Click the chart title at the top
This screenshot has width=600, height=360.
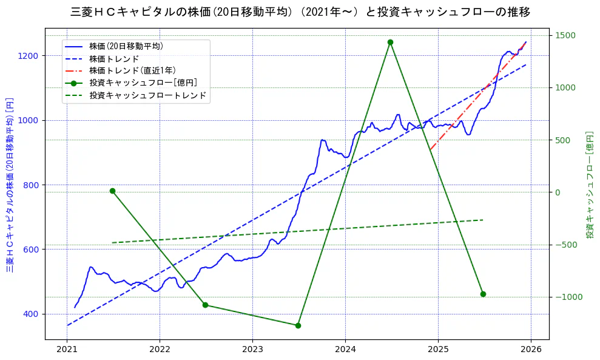(x=300, y=12)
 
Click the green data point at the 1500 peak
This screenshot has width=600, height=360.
(x=390, y=42)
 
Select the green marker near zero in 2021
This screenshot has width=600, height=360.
(x=112, y=191)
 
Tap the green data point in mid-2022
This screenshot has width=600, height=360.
(x=205, y=305)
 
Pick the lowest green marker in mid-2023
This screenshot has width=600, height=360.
(x=298, y=325)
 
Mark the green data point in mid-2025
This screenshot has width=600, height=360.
(x=483, y=294)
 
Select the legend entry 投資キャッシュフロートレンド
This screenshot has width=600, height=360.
(x=147, y=95)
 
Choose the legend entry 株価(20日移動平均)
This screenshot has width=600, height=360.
(x=126, y=46)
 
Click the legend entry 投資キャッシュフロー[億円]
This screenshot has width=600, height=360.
(x=143, y=83)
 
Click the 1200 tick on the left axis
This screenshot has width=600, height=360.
(x=30, y=56)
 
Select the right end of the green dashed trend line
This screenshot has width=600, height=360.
(x=483, y=220)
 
